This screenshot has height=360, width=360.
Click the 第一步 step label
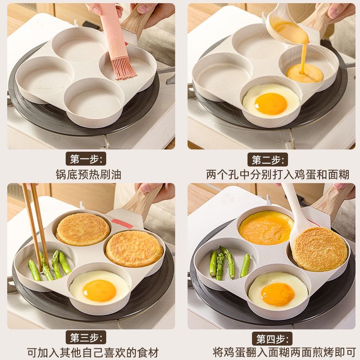pos(88,159)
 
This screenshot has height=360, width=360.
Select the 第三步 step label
pos(88,337)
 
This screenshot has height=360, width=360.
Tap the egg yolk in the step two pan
pos(271,104)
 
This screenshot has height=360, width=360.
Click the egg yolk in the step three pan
pos(99,290)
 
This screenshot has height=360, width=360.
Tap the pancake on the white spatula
pos(319,248)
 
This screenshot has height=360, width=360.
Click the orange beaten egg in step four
pos(265,228)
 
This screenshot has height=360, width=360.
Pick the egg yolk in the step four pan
pos(277,293)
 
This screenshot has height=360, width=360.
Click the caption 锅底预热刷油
pos(88,174)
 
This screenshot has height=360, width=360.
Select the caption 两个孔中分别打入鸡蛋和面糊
pos(270,174)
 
